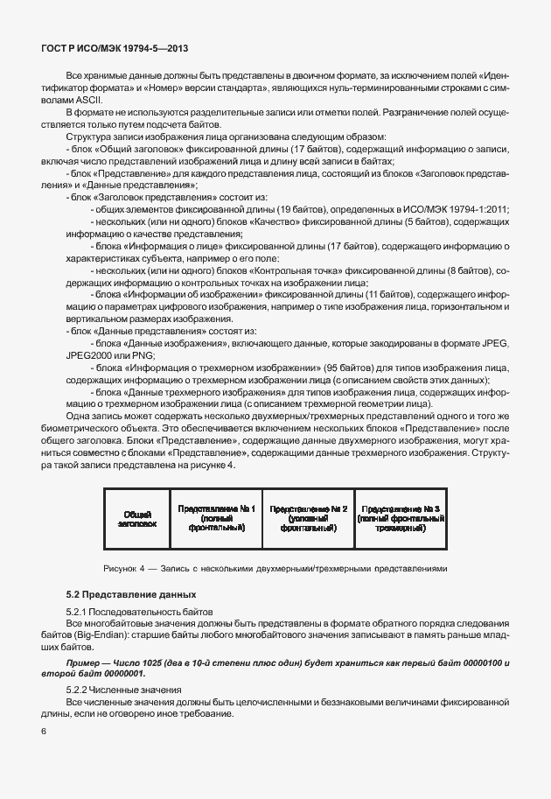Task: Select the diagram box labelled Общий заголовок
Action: (136, 519)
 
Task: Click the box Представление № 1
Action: (216, 518)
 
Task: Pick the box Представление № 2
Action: (309, 518)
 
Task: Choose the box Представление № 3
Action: (401, 518)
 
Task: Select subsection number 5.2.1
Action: (79, 610)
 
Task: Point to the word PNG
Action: (137, 357)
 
